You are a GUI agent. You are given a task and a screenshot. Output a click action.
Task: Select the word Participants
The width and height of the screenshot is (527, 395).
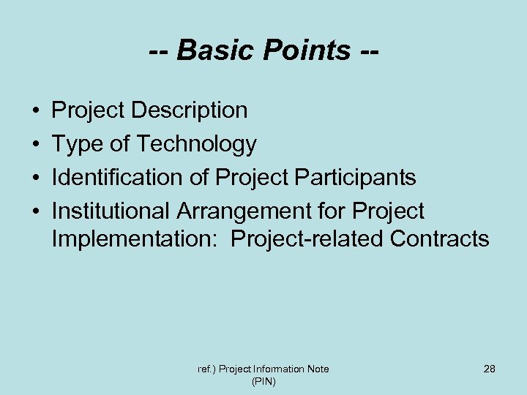pyautogui.click(x=351, y=178)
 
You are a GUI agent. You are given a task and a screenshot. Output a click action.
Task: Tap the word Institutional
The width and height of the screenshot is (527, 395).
pyautogui.click(x=111, y=211)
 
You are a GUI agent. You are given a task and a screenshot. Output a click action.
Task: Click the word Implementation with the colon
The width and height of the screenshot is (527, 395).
pyautogui.click(x=136, y=238)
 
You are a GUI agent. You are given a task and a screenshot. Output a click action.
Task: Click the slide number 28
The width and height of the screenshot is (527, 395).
pyautogui.click(x=489, y=369)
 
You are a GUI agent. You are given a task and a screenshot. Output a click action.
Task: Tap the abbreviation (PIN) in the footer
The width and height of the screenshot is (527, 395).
pyautogui.click(x=263, y=382)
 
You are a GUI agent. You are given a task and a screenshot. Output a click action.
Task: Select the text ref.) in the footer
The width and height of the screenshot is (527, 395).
pyautogui.click(x=205, y=369)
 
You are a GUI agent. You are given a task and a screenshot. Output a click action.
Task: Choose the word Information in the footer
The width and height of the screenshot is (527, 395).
pyautogui.click(x=277, y=369)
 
